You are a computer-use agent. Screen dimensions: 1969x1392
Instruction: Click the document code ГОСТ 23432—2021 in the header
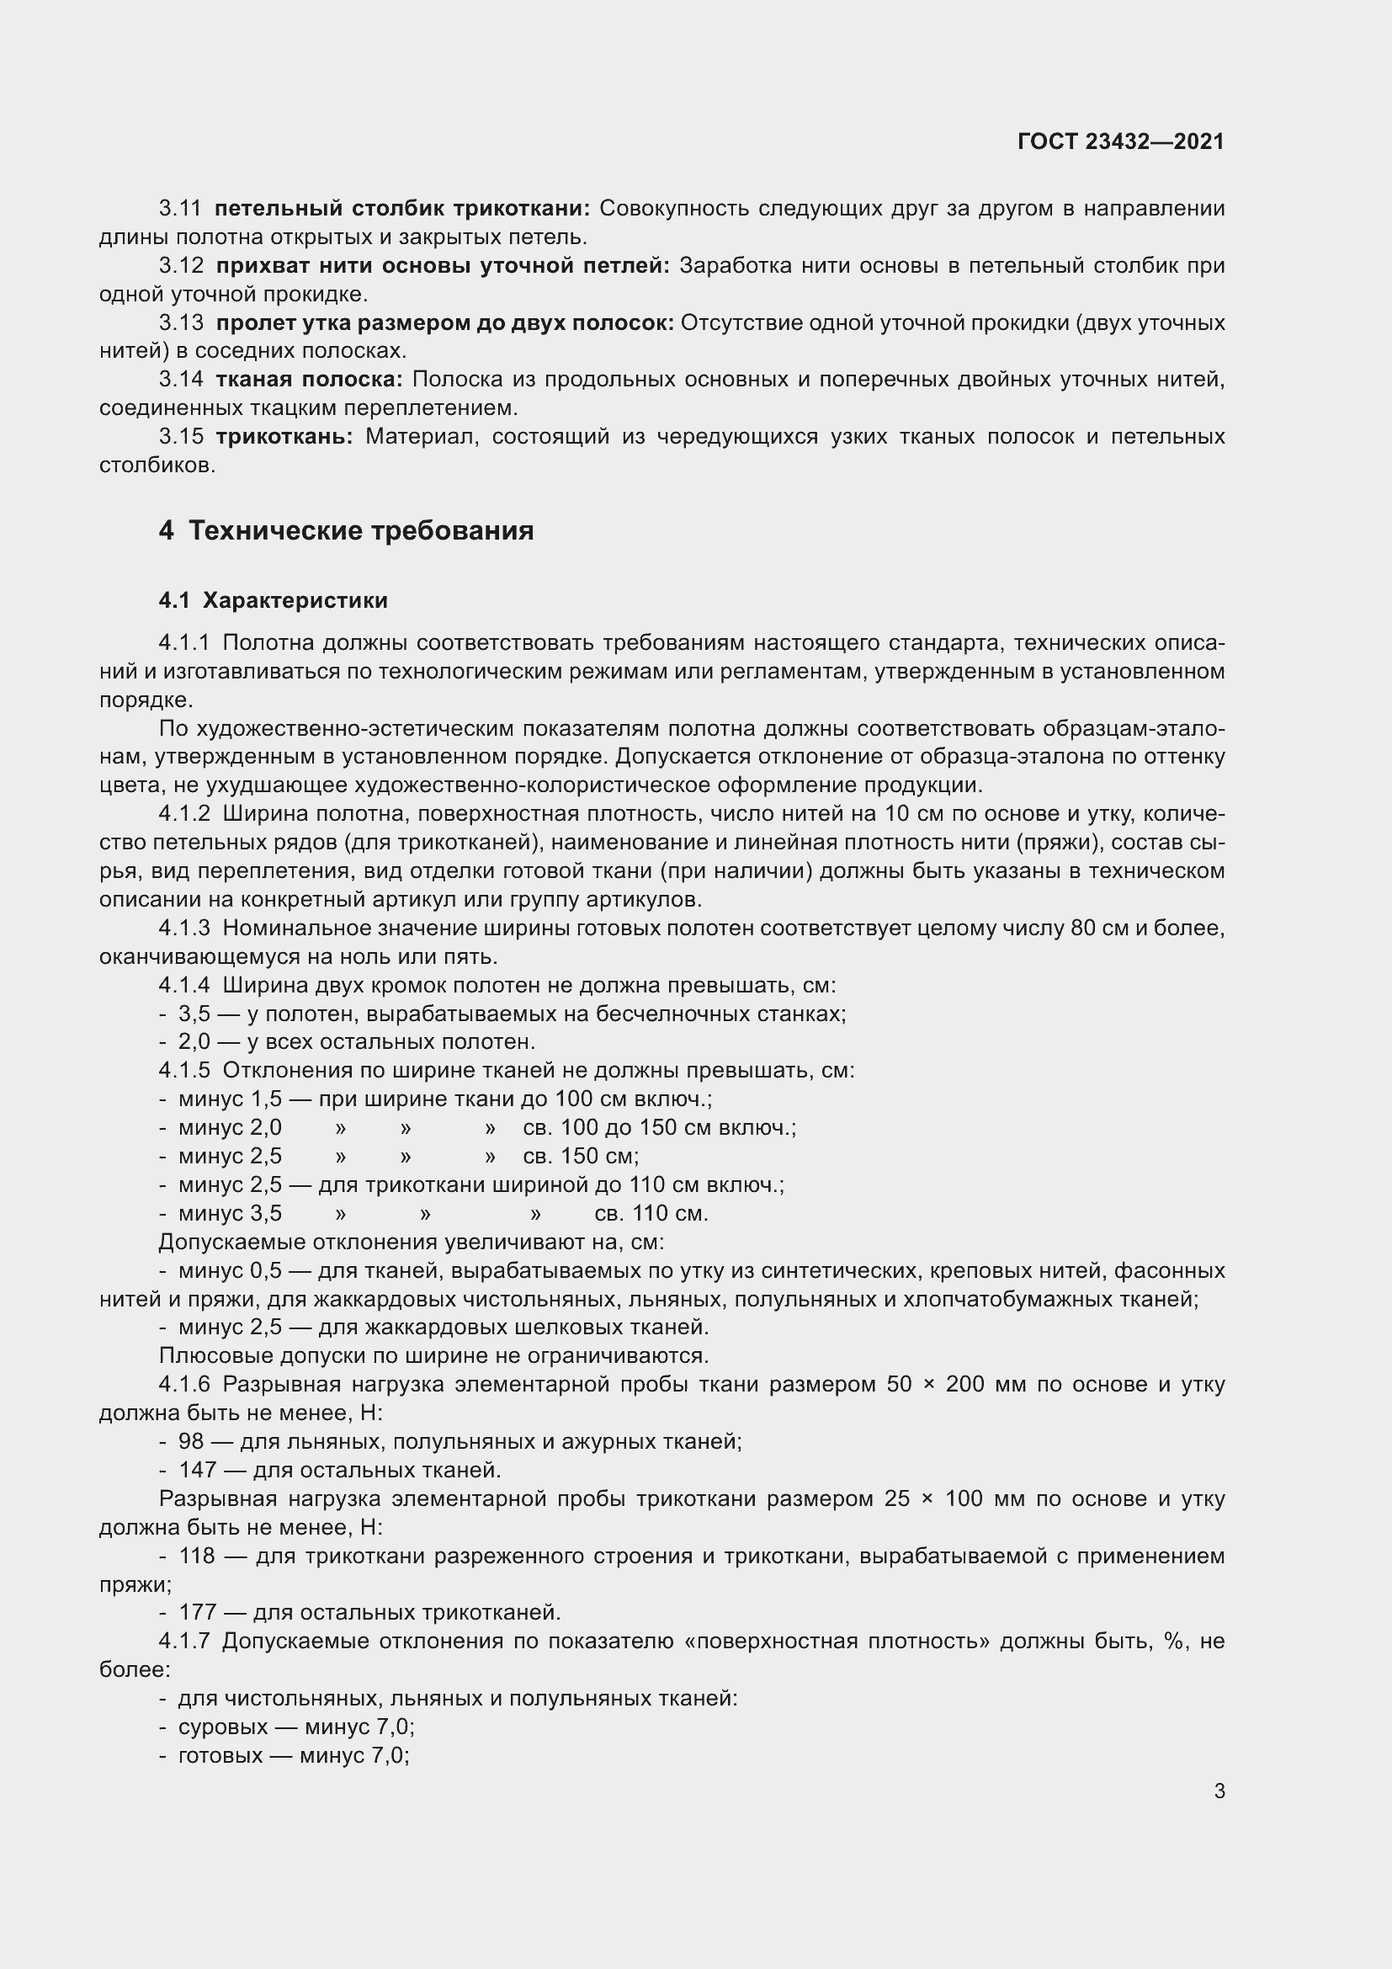tap(1120, 141)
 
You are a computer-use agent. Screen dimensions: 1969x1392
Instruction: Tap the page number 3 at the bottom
tap(1219, 1791)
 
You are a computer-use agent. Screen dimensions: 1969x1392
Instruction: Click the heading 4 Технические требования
tap(346, 531)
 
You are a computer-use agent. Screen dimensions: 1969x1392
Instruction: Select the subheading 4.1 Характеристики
tap(274, 600)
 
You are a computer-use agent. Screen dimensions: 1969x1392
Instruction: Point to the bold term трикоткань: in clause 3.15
tap(284, 437)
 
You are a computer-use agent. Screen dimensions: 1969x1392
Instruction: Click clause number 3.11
tap(180, 209)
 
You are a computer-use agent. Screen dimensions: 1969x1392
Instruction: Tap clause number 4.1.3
tap(184, 928)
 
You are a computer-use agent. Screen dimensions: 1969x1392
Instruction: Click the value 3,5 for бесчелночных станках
tap(194, 1014)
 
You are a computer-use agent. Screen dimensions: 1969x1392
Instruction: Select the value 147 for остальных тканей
tap(197, 1470)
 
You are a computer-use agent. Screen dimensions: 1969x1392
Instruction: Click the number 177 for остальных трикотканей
tap(197, 1612)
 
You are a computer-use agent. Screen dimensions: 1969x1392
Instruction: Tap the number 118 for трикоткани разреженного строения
tap(197, 1556)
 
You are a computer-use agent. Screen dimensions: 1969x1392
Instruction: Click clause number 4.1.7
tap(184, 1641)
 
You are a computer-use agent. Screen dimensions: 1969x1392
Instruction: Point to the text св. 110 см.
tap(651, 1214)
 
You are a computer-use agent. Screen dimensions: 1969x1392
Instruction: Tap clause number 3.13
tap(181, 322)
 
